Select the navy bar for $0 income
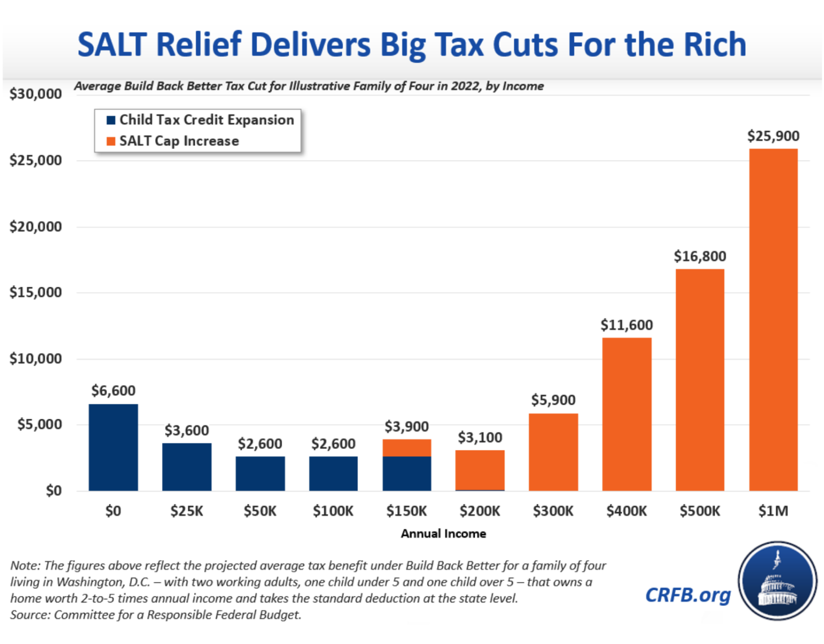pos(113,447)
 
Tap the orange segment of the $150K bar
pos(407,448)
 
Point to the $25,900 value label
pos(773,136)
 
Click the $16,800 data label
pos(700,256)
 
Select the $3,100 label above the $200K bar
pos(480,438)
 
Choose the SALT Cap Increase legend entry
pos(179,141)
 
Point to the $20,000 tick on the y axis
pos(35,226)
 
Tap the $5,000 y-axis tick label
pos(40,425)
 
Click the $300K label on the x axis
pos(553,511)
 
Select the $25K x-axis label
pos(187,511)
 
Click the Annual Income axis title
pos(443,534)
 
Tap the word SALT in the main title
pos(112,45)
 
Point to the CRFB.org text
pos(688,595)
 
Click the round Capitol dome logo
pos(777,581)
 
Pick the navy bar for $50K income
pos(260,473)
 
